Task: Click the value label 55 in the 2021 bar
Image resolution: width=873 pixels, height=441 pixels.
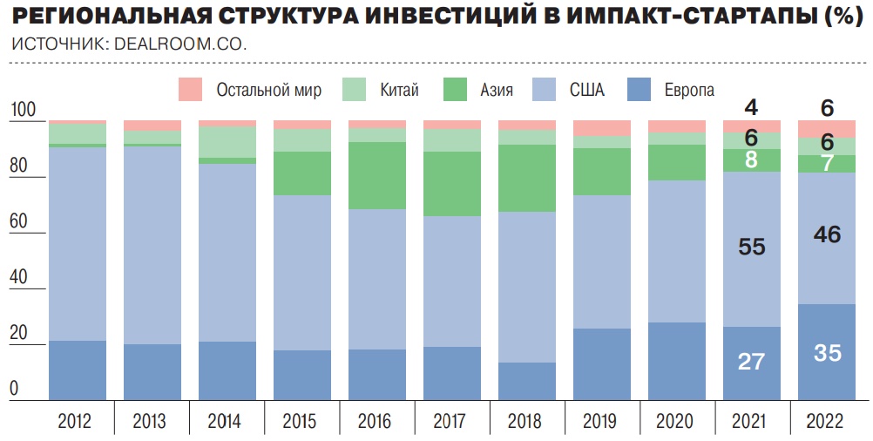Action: click(x=751, y=247)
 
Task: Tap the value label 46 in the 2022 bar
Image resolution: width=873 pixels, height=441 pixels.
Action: click(x=826, y=234)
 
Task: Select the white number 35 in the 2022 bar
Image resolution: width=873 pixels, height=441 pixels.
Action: click(x=827, y=353)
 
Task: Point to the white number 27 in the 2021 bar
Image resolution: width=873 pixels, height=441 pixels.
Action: click(x=751, y=362)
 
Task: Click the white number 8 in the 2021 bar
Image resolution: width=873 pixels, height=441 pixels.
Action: click(x=751, y=159)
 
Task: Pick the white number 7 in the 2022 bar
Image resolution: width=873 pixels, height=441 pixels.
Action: click(x=827, y=163)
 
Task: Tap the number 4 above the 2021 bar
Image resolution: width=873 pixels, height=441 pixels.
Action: click(x=751, y=108)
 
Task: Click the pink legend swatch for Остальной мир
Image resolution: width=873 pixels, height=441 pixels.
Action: click(x=190, y=89)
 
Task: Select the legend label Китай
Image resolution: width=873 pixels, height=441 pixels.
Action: click(x=399, y=90)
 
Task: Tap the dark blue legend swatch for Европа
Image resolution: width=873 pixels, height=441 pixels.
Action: click(x=640, y=89)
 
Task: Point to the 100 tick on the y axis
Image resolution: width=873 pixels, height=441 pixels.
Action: click(x=24, y=111)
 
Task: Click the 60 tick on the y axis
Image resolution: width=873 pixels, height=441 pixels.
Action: click(x=21, y=222)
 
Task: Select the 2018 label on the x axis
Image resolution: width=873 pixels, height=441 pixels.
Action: click(x=526, y=422)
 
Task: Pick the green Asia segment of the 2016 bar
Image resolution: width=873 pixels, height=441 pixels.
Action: click(x=376, y=175)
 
